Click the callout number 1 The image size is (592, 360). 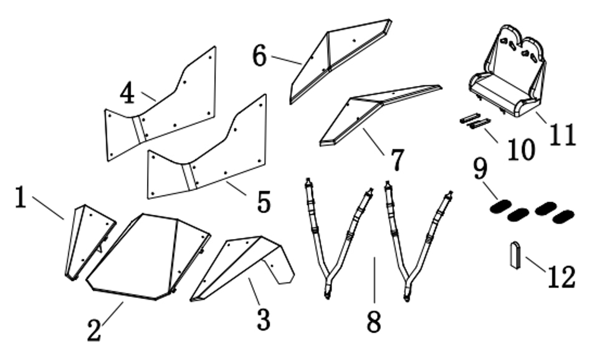coord(21,197)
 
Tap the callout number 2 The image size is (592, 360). coord(94,330)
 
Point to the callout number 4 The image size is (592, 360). coord(127,93)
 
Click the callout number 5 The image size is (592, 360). coord(264,202)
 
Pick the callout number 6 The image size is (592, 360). coord(259,55)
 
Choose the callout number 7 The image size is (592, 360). coord(397,159)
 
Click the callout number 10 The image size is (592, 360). coord(521,149)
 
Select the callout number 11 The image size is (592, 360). coord(563,135)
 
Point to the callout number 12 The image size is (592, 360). coord(562,277)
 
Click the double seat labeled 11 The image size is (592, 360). coord(508,72)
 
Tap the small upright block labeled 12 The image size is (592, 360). coord(516,255)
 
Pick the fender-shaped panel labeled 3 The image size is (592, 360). coord(242,268)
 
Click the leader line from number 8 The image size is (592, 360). coord(375,280)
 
